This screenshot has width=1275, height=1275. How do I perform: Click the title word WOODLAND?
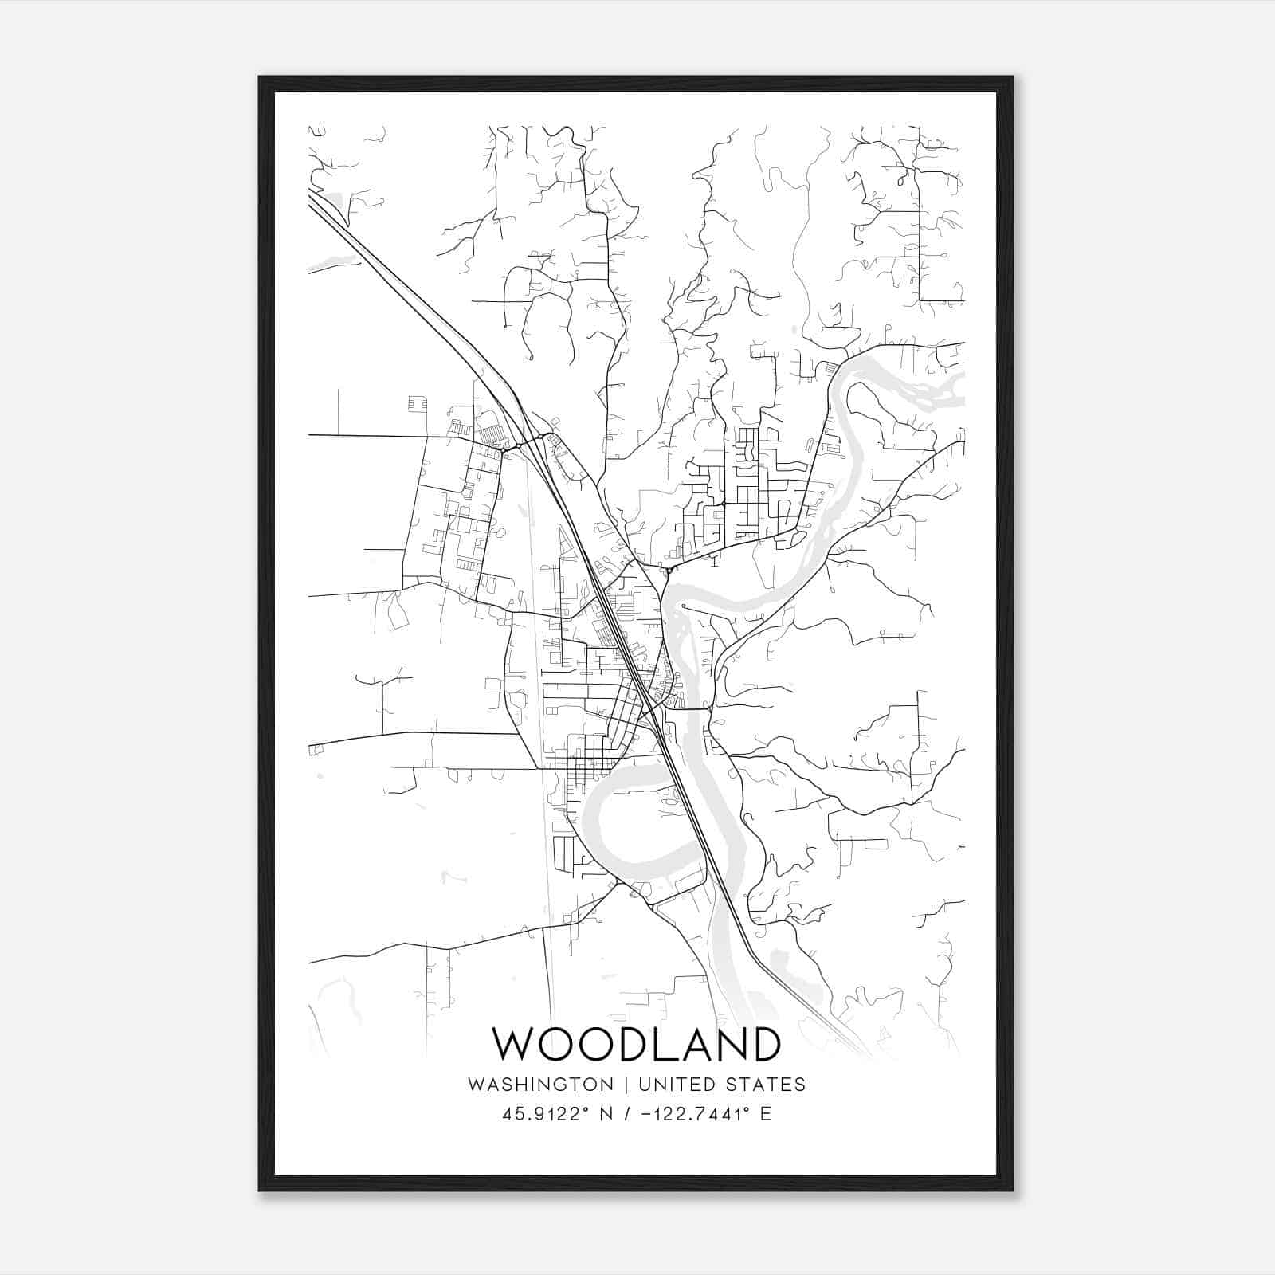pyautogui.click(x=636, y=1045)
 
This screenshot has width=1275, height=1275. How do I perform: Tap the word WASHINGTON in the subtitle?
pyautogui.click(x=540, y=1085)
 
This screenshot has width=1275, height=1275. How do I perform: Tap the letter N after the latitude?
pyautogui.click(x=606, y=1114)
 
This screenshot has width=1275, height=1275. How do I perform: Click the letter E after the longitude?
pyautogui.click(x=766, y=1114)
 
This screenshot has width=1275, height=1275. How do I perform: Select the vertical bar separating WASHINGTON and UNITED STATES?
pyautogui.click(x=626, y=1085)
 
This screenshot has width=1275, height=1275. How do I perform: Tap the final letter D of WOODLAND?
pyautogui.click(x=761, y=1045)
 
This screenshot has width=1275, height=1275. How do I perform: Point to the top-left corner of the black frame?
pyautogui.click(x=261, y=78)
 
